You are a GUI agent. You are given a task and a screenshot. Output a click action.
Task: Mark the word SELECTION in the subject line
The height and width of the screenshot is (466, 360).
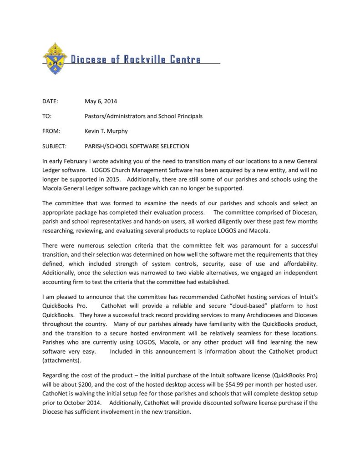170,147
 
